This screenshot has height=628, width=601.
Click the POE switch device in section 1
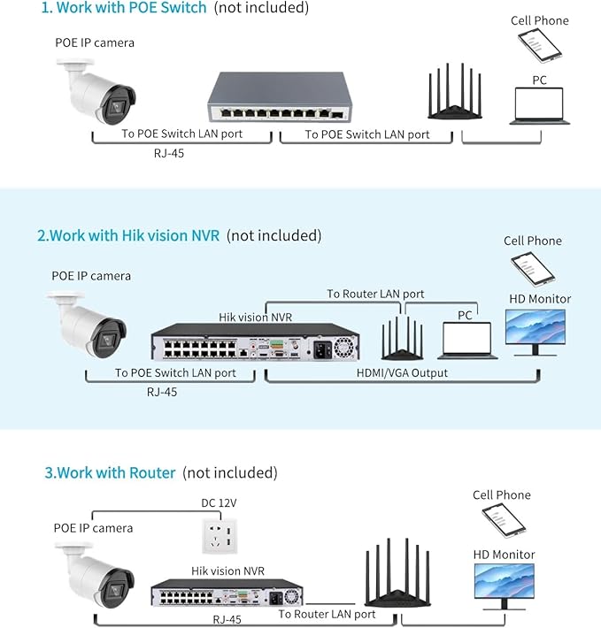(x=274, y=98)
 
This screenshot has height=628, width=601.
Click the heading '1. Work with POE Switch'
(x=123, y=8)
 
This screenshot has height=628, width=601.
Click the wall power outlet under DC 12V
(x=219, y=532)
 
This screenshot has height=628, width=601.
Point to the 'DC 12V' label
(x=219, y=502)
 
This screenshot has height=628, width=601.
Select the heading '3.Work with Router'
(x=111, y=472)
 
